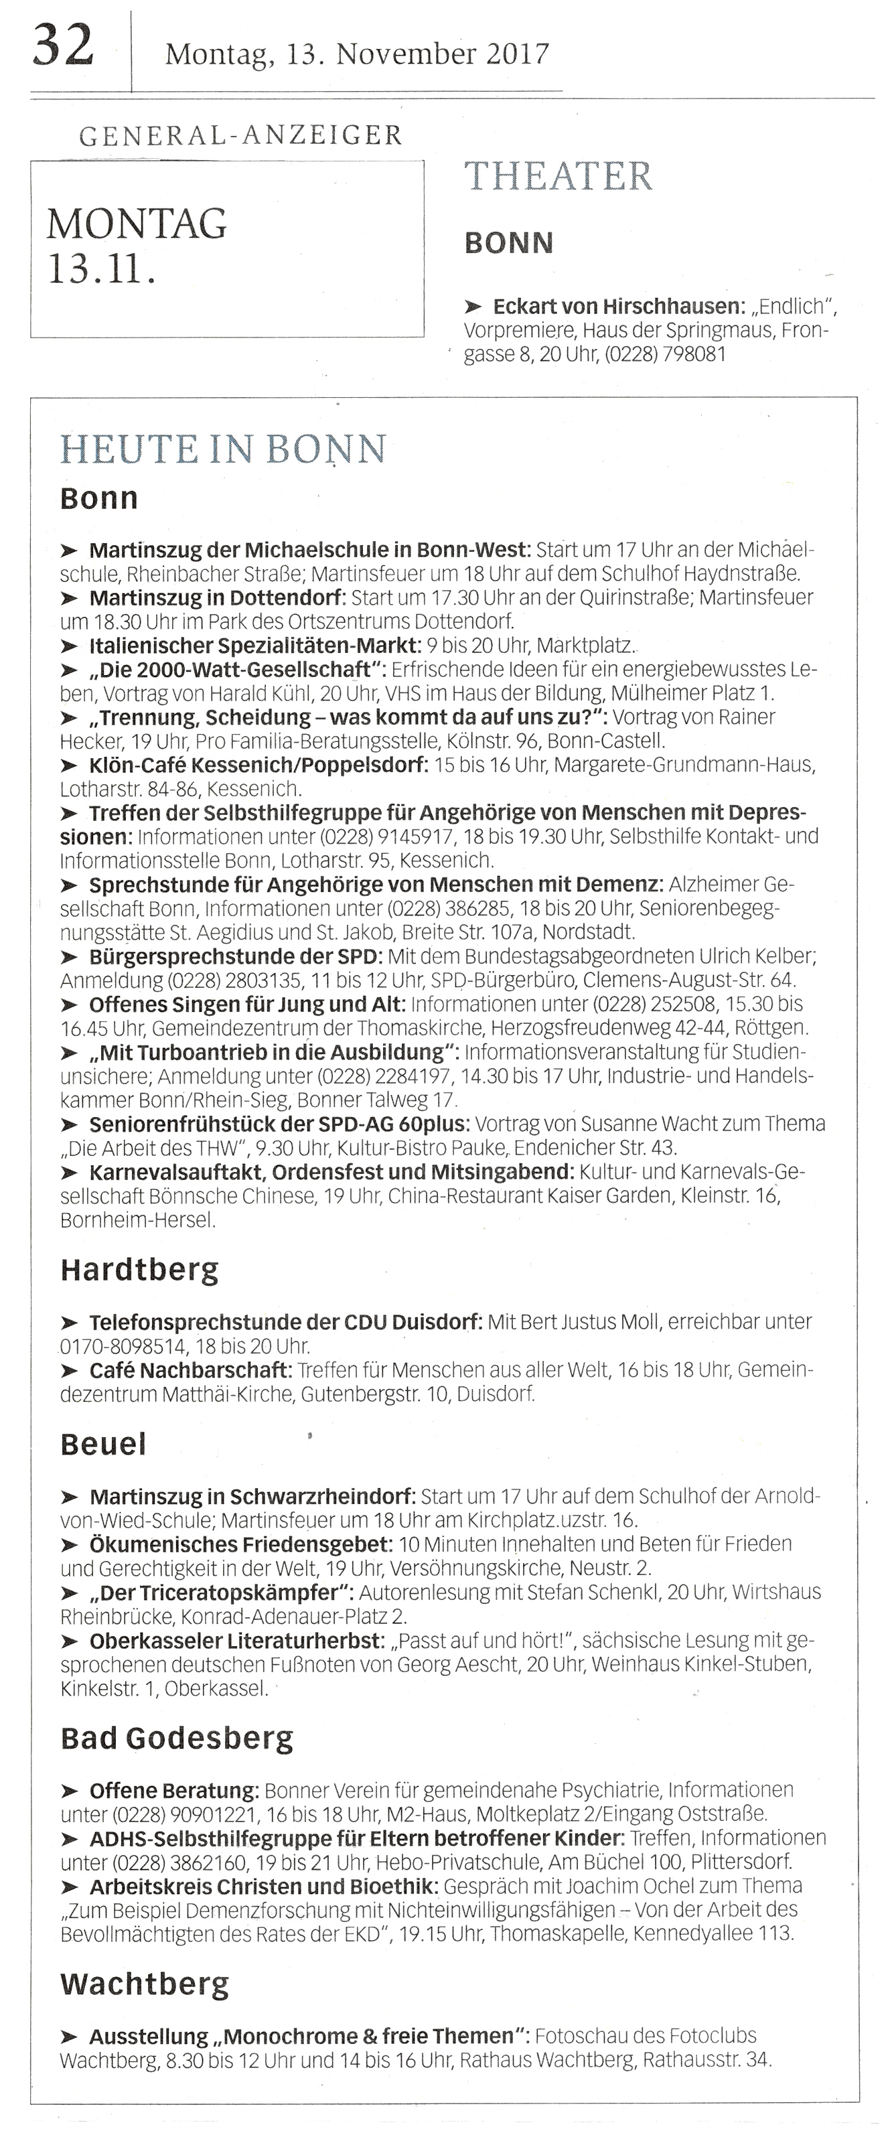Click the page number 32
click(x=63, y=47)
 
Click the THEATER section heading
click(x=558, y=176)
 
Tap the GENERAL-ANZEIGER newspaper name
click(x=240, y=135)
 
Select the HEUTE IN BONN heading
click(x=224, y=449)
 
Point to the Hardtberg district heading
click(x=140, y=1270)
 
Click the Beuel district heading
click(x=103, y=1444)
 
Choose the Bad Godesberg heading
click(x=177, y=1739)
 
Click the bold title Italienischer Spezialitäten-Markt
click(x=255, y=645)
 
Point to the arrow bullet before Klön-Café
click(x=71, y=765)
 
